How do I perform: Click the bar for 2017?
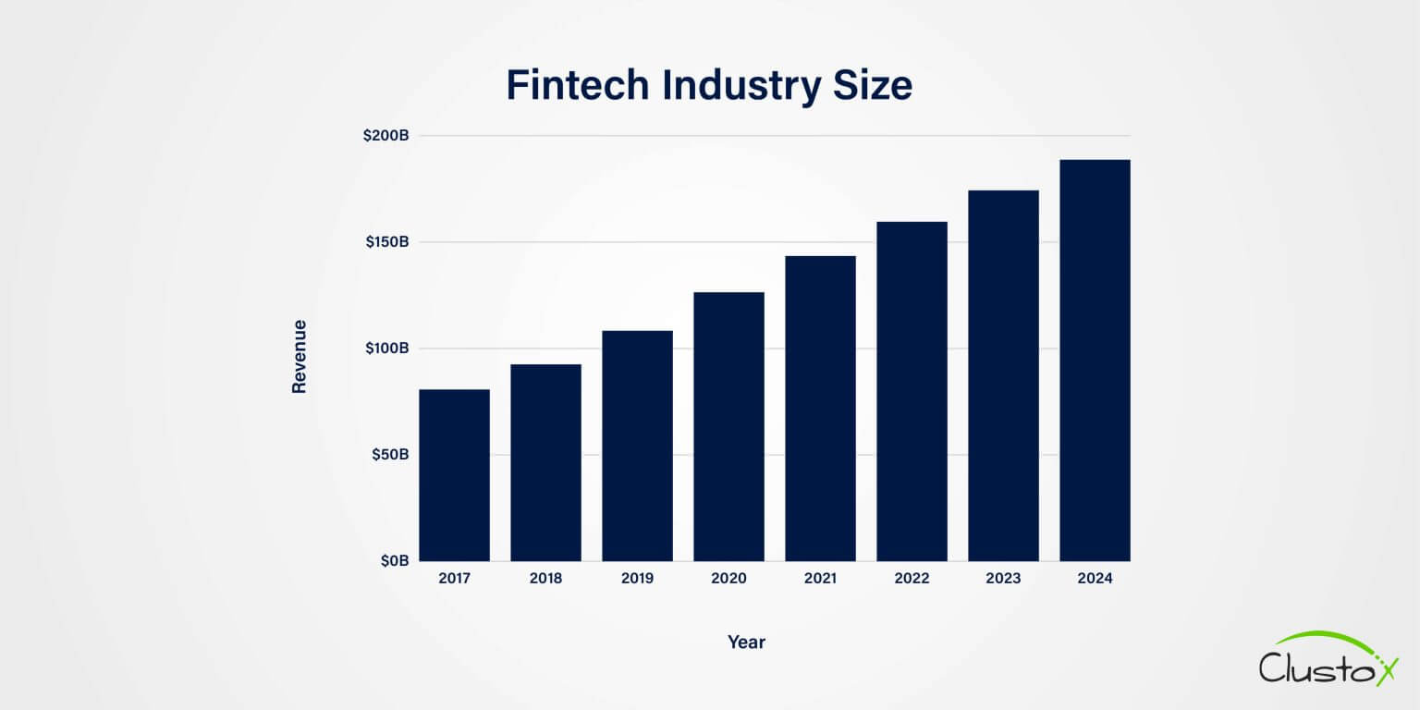454,475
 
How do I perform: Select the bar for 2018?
545,462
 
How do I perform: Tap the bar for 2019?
637,446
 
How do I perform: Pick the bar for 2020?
728,426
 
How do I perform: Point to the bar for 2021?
820,408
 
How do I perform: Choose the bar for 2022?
912,391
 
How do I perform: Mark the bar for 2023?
1003,375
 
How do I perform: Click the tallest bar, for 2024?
1095,361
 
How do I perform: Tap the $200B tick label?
386,136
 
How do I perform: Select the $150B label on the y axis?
386,242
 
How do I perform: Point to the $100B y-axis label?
386,349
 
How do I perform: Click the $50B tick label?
389,455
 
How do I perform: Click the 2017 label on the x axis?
454,580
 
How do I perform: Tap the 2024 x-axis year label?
1095,580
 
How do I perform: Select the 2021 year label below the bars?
820,580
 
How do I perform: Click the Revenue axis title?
299,357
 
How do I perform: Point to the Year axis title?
746,642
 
